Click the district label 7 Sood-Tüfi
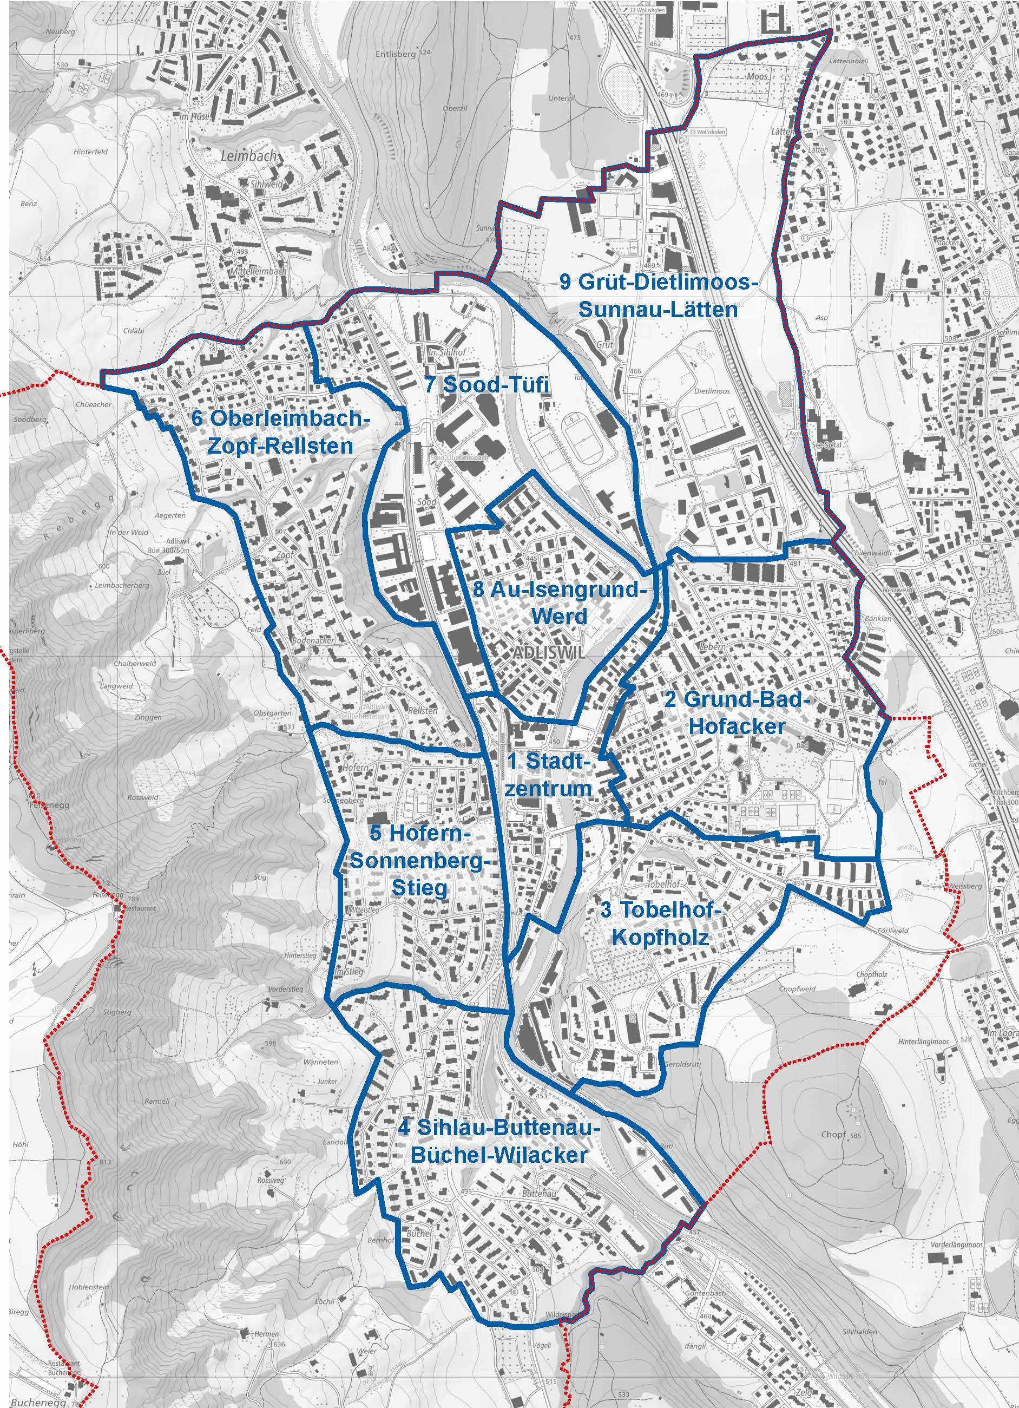click(487, 385)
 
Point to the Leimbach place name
click(248, 156)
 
